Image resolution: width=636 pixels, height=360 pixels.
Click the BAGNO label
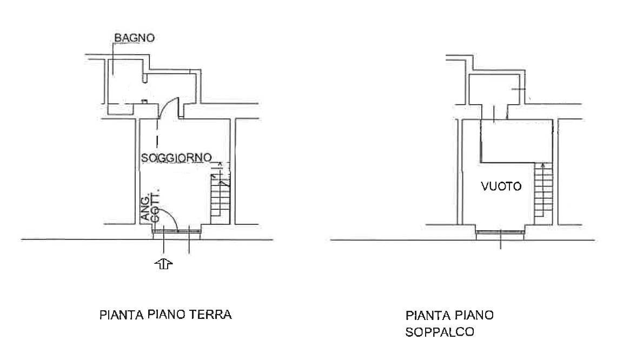[x=134, y=38]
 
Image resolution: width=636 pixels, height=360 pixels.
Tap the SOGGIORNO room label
[x=176, y=157]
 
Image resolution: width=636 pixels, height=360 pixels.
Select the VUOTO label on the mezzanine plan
[x=501, y=186]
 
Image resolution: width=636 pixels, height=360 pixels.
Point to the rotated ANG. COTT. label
[x=150, y=205]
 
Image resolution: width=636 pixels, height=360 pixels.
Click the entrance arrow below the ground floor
[x=163, y=264]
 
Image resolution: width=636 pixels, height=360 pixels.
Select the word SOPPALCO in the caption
[x=440, y=332]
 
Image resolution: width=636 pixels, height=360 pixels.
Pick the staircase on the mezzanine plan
[x=543, y=193]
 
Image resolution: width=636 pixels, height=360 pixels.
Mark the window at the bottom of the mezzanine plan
[x=501, y=232]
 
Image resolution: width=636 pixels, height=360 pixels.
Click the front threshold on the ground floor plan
[x=176, y=232]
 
